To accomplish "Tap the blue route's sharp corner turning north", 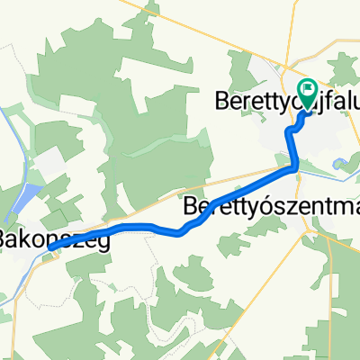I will tap(297, 166).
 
